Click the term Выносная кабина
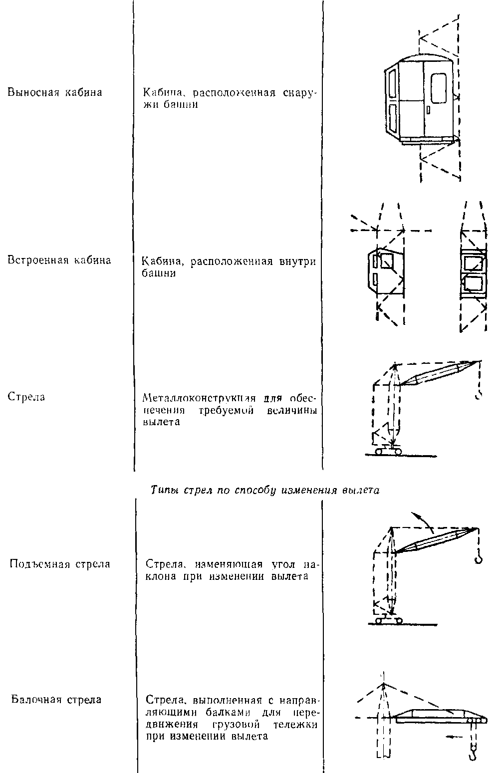tap(54, 92)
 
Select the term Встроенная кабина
tap(59, 260)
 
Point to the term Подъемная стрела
tap(60, 564)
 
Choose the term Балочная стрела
tap(56, 699)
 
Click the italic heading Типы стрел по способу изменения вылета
tap(265, 490)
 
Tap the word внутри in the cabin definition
tap(296, 261)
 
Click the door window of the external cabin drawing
tap(439, 89)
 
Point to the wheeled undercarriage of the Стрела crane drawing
tap(386, 451)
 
